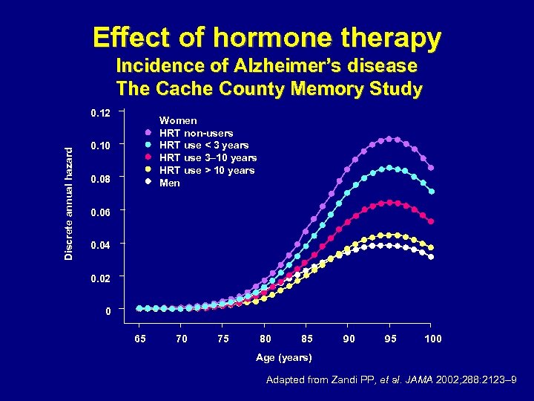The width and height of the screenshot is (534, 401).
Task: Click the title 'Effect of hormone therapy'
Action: coord(266,36)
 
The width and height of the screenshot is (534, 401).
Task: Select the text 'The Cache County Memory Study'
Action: coord(269,89)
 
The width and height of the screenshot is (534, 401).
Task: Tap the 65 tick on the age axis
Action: coord(139,339)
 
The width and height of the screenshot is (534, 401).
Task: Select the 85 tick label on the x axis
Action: coord(306,339)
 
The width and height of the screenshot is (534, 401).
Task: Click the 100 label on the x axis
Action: coord(432,339)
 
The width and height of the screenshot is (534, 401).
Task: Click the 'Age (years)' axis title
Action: coord(283,358)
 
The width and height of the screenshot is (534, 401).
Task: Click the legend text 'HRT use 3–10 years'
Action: coord(208,157)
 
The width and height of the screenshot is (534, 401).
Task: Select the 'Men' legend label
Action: coord(170,183)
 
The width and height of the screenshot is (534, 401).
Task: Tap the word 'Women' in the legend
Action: coord(179,120)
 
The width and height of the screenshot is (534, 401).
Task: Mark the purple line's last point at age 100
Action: coord(431,168)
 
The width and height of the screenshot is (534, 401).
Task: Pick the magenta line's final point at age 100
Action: coord(431,221)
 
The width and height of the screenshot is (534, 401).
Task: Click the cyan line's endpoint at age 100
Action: coord(431,191)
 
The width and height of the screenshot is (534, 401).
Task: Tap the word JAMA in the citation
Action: coord(402,382)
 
